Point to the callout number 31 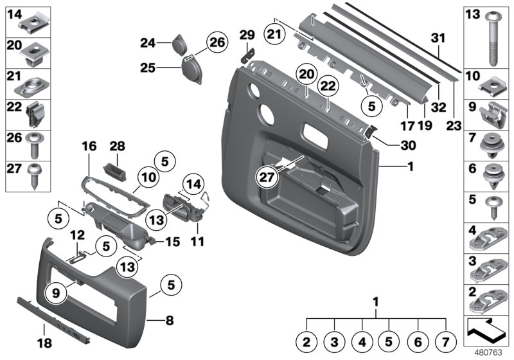[438, 39]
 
